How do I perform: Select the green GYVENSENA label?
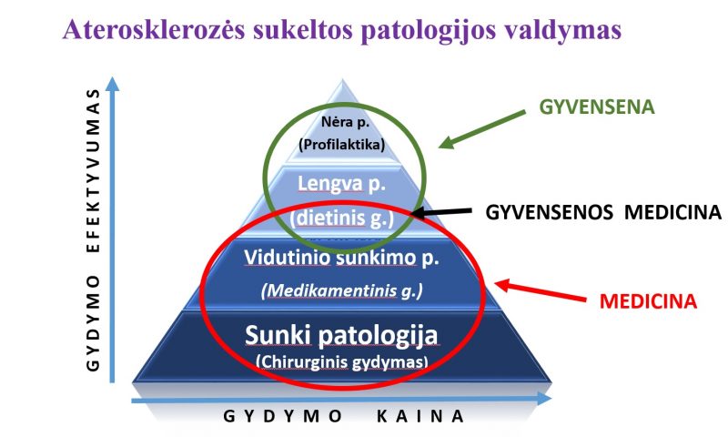coord(597,107)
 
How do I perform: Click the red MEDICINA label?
coord(648,301)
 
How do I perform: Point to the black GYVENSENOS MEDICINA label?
coord(603,212)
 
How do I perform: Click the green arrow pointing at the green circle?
coord(482,129)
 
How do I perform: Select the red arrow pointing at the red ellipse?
coord(540,290)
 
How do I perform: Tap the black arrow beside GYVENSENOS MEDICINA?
coord(441,212)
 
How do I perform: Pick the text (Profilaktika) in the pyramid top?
coord(342,145)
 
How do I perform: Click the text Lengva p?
coord(342,184)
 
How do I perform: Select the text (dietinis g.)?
coord(342,218)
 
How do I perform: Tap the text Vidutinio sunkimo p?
coord(341,258)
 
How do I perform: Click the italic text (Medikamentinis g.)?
coord(342,290)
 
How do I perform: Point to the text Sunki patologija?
coord(341,335)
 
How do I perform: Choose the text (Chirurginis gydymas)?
coord(342,361)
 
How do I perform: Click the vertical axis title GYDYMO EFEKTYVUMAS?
coord(94,229)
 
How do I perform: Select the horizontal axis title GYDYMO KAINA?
coord(344,416)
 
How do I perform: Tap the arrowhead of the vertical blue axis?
coord(112,84)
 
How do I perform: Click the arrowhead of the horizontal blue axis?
coord(544,398)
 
